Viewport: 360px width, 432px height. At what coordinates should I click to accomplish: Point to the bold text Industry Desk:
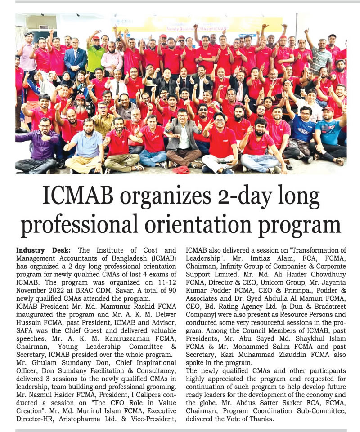[41, 250]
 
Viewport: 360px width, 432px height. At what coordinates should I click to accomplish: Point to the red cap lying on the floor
[181, 169]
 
